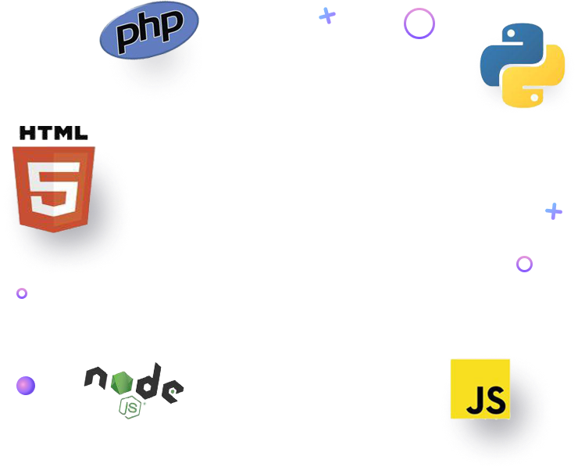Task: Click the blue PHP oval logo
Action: click(x=149, y=31)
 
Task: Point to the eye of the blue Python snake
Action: click(x=508, y=37)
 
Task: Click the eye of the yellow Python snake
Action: click(x=535, y=97)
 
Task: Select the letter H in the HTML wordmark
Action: click(x=27, y=134)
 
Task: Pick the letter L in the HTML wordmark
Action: click(x=82, y=134)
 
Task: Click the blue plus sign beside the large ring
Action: click(x=327, y=16)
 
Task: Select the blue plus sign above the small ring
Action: click(x=554, y=211)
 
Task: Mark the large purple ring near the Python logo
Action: click(x=419, y=23)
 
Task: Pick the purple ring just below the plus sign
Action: click(x=524, y=264)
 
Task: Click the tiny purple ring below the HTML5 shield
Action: click(x=22, y=293)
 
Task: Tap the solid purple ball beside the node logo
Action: click(x=26, y=386)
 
